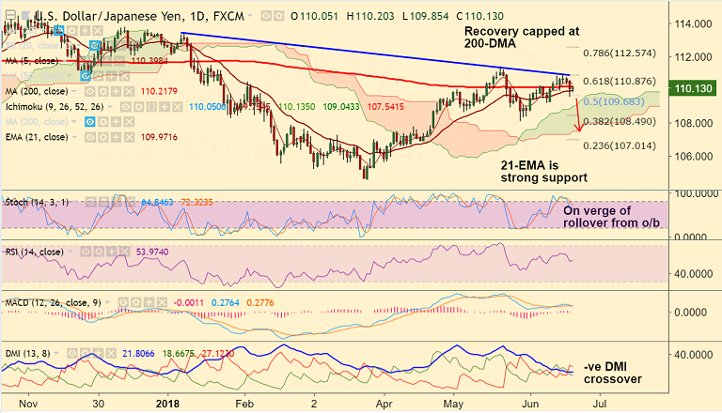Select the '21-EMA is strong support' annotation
point(543,170)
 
